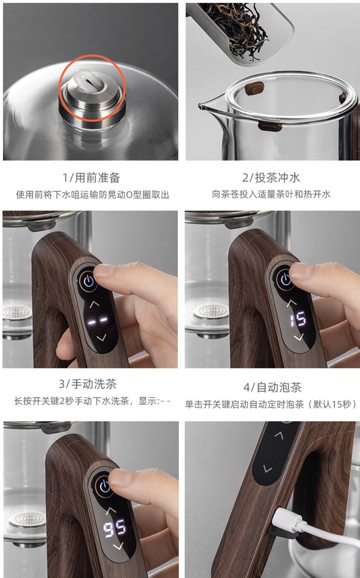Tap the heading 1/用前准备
91,178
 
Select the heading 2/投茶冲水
271,178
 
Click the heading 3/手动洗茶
88,384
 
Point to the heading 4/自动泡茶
272,387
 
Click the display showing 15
298,319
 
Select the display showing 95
114,529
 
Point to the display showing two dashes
97,321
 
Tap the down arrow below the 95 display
119,546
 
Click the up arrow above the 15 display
292,303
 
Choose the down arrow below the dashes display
101,337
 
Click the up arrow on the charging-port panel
279,436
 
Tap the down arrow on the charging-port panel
268,468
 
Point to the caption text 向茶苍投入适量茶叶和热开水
271,194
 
